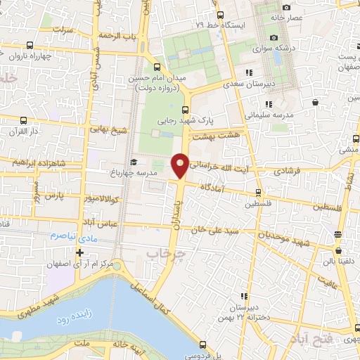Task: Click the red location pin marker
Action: pyautogui.click(x=180, y=165)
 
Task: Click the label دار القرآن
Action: pyautogui.click(x=31, y=131)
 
